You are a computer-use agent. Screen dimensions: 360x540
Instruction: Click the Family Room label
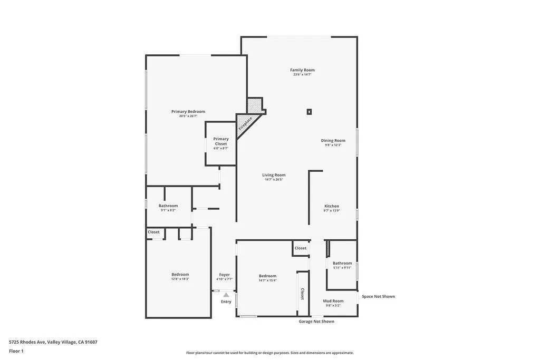pyautogui.click(x=302, y=70)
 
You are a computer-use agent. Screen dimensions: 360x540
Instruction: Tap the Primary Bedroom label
pyautogui.click(x=188, y=112)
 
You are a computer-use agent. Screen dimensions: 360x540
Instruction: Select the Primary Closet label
pyautogui.click(x=221, y=141)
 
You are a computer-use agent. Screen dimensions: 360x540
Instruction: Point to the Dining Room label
pyautogui.click(x=333, y=141)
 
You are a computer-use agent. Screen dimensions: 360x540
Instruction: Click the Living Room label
pyautogui.click(x=274, y=176)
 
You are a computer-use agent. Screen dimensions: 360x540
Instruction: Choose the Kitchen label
pyautogui.click(x=332, y=207)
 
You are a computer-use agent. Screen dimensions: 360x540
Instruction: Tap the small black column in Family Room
pyautogui.click(x=309, y=111)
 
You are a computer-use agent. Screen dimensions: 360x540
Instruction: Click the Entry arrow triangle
pyautogui.click(x=226, y=295)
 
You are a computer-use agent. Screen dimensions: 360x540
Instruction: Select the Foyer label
pyautogui.click(x=225, y=275)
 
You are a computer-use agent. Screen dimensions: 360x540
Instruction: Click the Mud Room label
pyautogui.click(x=333, y=301)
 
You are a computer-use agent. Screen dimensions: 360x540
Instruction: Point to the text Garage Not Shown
pyautogui.click(x=316, y=322)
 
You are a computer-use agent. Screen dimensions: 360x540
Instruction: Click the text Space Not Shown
pyautogui.click(x=378, y=297)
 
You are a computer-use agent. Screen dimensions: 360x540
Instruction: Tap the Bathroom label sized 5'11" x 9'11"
pyautogui.click(x=342, y=264)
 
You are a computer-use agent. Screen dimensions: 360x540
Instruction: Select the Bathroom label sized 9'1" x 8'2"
pyautogui.click(x=168, y=206)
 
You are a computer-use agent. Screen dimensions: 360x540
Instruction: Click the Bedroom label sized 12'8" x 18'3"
pyautogui.click(x=180, y=275)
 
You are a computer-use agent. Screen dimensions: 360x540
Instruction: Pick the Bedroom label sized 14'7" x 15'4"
pyautogui.click(x=267, y=276)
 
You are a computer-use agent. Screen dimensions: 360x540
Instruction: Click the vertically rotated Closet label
pyautogui.click(x=302, y=294)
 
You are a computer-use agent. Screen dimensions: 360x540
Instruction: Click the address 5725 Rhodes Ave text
pyautogui.click(x=53, y=342)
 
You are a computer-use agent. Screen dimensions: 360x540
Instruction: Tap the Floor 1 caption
pyautogui.click(x=16, y=351)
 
